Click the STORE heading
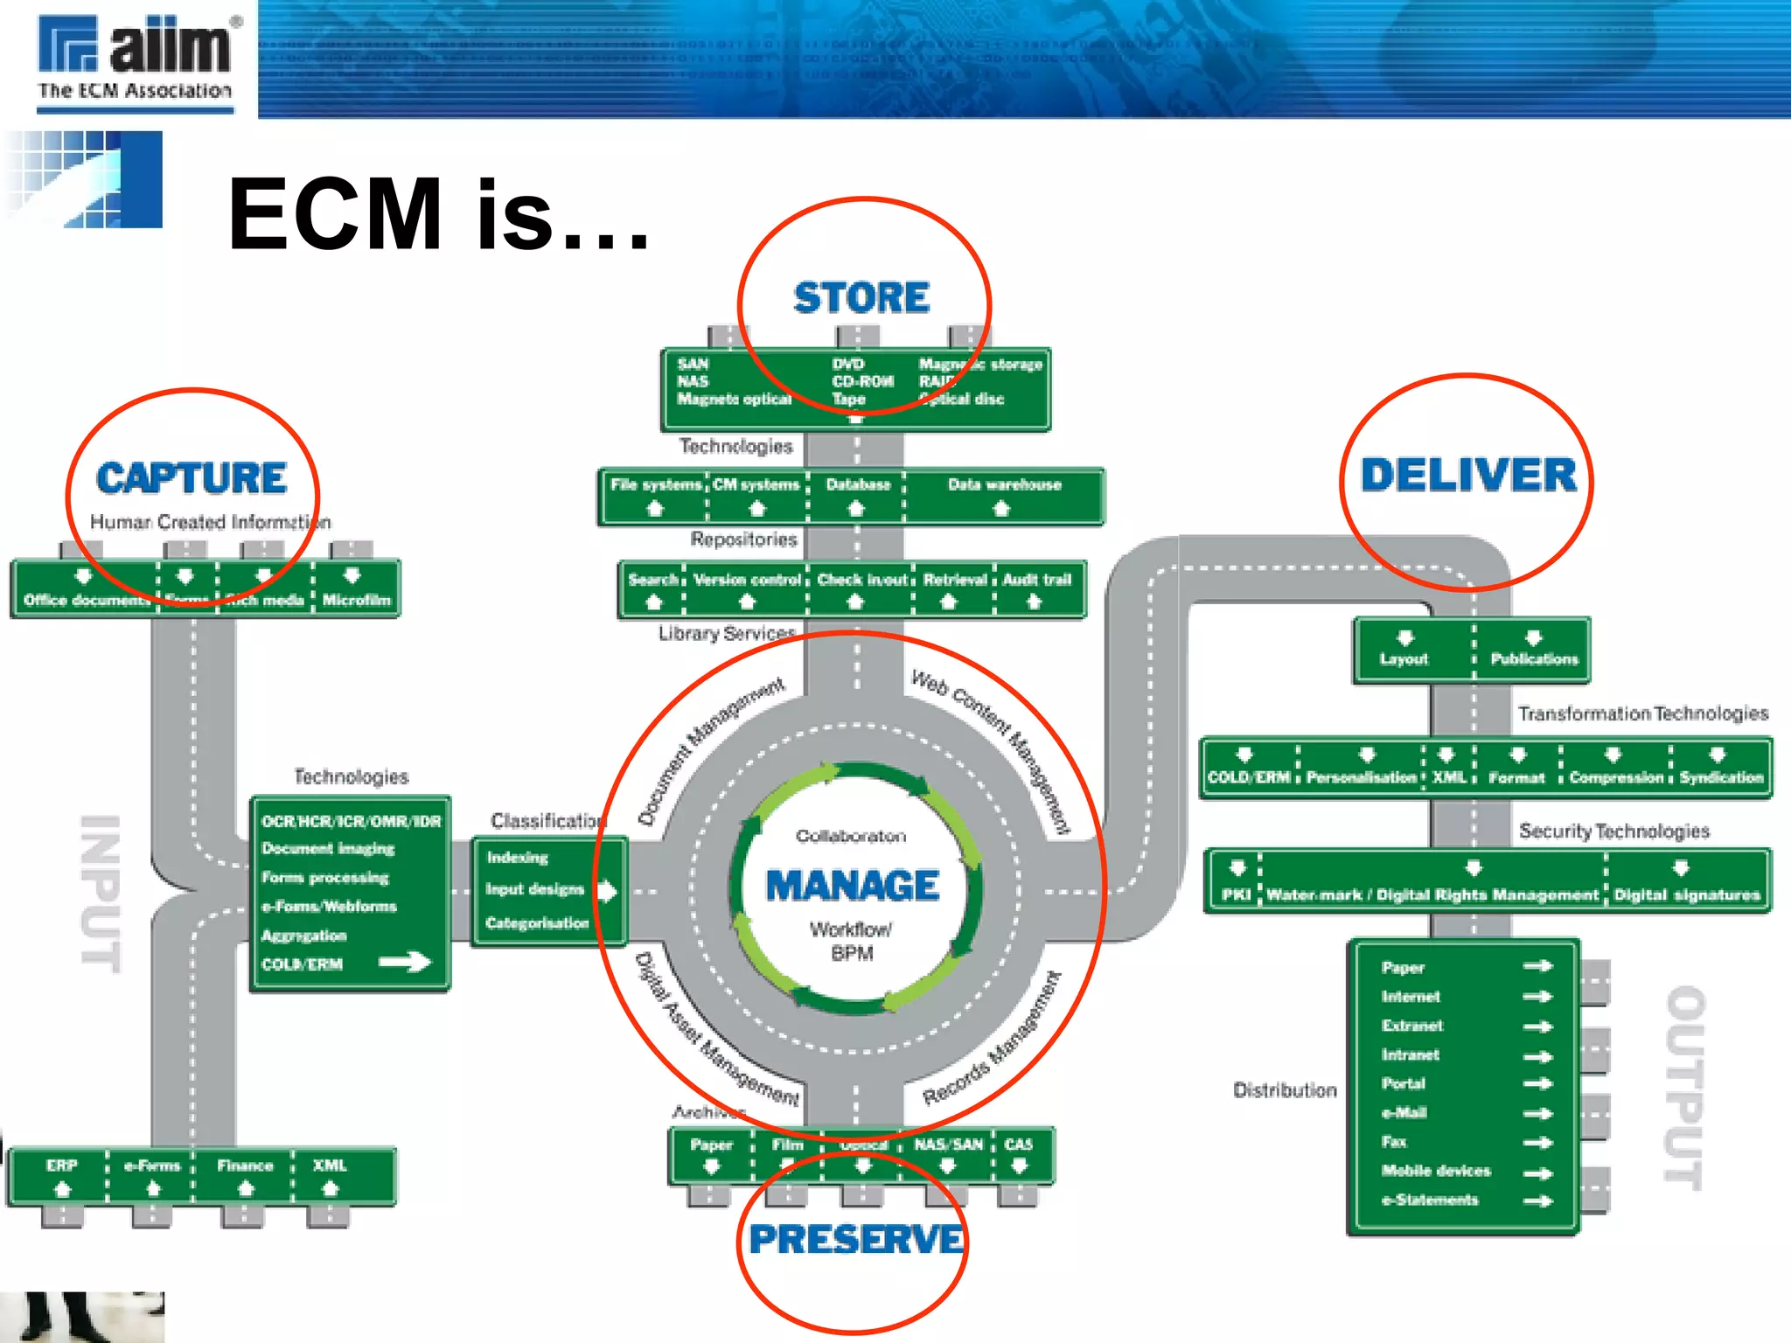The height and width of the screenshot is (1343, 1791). click(x=861, y=298)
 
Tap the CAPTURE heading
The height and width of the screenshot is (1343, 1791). click(x=192, y=478)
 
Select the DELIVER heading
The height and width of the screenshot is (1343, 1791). click(x=1468, y=476)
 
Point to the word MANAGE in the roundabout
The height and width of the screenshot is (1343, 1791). click(x=853, y=886)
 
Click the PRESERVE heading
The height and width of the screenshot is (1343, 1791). click(x=855, y=1240)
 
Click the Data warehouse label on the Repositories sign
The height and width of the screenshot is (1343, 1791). click(x=1004, y=484)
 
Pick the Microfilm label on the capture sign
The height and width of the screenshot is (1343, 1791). click(x=356, y=600)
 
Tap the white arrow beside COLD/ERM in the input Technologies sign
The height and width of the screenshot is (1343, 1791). click(x=405, y=963)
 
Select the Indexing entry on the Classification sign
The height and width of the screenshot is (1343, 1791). click(x=518, y=858)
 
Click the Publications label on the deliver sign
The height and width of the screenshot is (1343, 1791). click(x=1534, y=659)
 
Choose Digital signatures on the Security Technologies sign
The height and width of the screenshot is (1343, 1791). click(x=1686, y=895)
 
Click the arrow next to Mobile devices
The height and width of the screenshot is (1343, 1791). click(x=1537, y=1173)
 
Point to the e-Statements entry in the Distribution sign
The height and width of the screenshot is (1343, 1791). click(x=1430, y=1200)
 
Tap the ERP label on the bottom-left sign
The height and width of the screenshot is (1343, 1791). click(x=62, y=1166)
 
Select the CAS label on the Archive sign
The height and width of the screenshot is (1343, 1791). click(x=1018, y=1145)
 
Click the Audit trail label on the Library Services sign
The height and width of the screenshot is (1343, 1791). click(x=1036, y=580)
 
